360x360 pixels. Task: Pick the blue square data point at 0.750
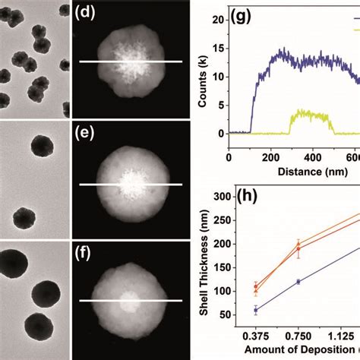[x=298, y=282]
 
